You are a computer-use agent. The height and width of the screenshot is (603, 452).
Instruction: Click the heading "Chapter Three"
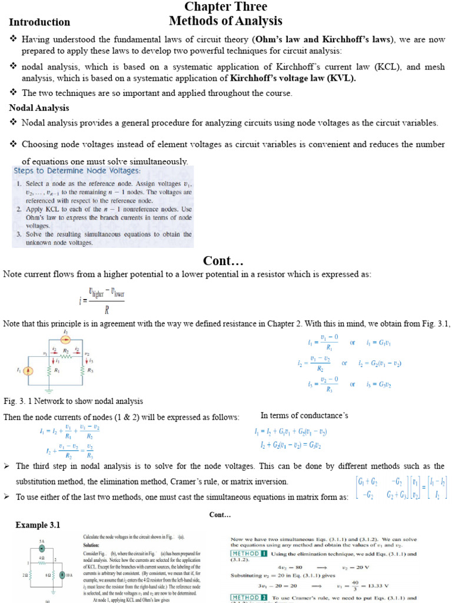click(x=225, y=7)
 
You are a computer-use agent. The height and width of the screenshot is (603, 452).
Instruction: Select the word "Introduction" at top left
click(x=39, y=22)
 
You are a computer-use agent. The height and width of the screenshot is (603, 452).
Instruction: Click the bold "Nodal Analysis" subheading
click(x=39, y=108)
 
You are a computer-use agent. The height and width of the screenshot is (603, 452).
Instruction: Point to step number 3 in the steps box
click(x=19, y=234)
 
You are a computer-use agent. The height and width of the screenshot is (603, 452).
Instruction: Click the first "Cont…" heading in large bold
click(x=223, y=261)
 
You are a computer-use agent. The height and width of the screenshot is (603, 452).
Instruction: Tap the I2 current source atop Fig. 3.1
click(x=66, y=340)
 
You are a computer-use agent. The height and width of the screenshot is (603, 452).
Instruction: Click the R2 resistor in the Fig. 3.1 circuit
click(x=67, y=357)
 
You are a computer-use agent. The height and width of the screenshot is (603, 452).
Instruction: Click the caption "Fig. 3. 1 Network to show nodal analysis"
click(x=73, y=401)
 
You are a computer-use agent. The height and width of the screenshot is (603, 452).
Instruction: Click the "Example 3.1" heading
click(x=38, y=525)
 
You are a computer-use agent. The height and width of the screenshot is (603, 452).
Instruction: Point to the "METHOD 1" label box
click(x=249, y=554)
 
